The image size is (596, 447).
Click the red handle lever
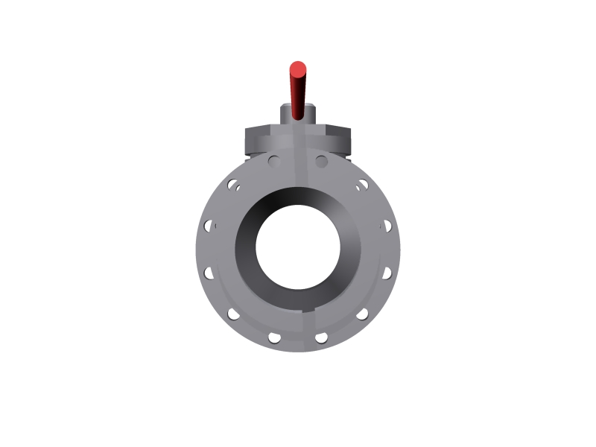pyautogui.click(x=298, y=93)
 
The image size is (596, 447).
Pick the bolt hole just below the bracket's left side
pyautogui.click(x=274, y=160)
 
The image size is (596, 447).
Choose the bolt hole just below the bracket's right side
pyautogui.click(x=322, y=160)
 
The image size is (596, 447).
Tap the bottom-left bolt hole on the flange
pyautogui.click(x=274, y=337)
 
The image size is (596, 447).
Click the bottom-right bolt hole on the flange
pyautogui.click(x=322, y=337)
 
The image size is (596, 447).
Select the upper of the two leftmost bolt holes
pyautogui.click(x=209, y=224)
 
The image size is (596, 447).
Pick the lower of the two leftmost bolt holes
pyautogui.click(x=209, y=273)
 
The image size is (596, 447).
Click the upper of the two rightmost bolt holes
pyautogui.click(x=387, y=224)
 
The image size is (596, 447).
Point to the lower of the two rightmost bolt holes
pyautogui.click(x=387, y=273)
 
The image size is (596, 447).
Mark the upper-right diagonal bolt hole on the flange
pyautogui.click(x=363, y=183)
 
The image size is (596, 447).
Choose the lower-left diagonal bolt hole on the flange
pyautogui.click(x=234, y=314)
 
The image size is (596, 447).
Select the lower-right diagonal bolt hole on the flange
pyautogui.click(x=363, y=314)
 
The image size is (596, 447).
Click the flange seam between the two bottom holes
pyautogui.click(x=298, y=339)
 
